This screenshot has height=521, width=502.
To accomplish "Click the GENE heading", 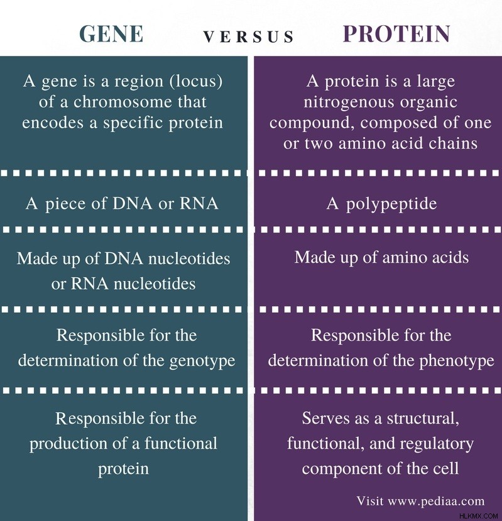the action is [111, 34].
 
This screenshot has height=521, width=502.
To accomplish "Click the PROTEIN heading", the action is [396, 34].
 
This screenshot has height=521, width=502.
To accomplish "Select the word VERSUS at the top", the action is [249, 36].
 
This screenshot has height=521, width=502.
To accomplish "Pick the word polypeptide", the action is [391, 204].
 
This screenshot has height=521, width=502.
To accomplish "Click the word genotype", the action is [202, 361].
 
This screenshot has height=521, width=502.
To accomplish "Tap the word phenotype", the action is [457, 361].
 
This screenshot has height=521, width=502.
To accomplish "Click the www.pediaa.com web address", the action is [436, 501].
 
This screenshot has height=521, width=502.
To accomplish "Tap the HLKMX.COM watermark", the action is [479, 516].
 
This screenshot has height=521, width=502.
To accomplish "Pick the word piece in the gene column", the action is [65, 204].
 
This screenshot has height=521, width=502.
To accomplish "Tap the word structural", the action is [423, 418].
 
